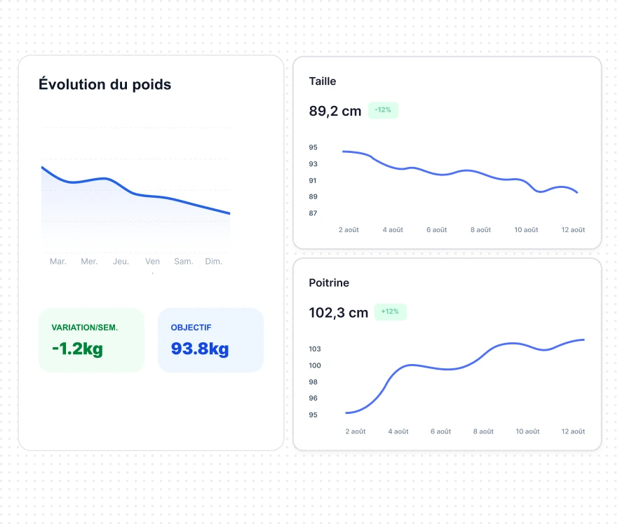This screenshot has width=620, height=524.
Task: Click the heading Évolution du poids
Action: pos(105,84)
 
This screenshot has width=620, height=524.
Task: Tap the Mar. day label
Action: pos(58,262)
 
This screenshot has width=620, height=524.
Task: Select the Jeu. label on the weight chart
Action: pos(121,262)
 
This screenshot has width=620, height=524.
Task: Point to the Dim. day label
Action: pos(213,262)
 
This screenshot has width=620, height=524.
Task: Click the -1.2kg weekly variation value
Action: pos(77,349)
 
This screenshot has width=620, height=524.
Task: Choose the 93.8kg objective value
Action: pos(200,349)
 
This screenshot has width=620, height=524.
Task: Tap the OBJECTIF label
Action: pos(191,328)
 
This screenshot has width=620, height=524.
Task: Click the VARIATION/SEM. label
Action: pos(85,328)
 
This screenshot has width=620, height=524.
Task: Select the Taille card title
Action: pos(322,81)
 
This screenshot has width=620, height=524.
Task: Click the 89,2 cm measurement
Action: pos(335,111)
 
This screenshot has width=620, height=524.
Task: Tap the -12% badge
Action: pos(383,110)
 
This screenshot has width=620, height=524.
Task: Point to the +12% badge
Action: pos(390,311)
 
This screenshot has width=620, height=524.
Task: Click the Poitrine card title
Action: pos(329,283)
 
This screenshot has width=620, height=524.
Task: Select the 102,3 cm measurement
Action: pos(339,313)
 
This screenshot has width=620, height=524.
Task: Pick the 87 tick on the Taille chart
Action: pos(313,213)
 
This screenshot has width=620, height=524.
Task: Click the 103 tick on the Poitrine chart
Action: pos(315,349)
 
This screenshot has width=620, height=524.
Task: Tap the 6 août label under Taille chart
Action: pos(436,230)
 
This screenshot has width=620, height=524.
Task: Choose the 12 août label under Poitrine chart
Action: pos(573,431)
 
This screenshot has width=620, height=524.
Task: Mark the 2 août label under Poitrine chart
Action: pos(356,431)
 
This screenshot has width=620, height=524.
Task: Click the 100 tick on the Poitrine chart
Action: pos(315,365)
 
